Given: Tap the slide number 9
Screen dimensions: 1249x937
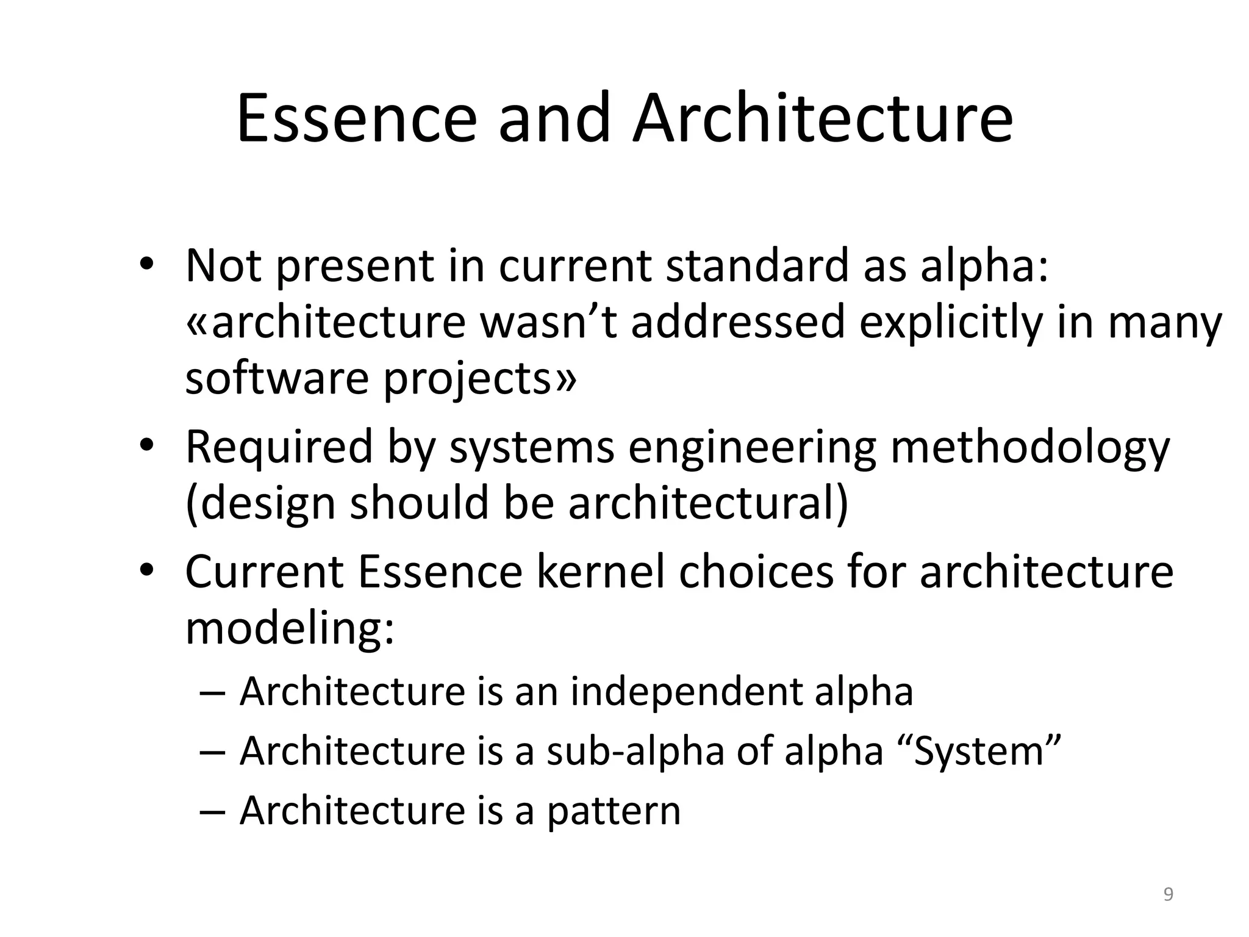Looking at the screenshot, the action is click(1168, 894).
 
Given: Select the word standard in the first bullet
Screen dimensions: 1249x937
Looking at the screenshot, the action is click(756, 266).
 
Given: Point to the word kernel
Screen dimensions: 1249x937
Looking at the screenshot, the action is click(601, 572).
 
